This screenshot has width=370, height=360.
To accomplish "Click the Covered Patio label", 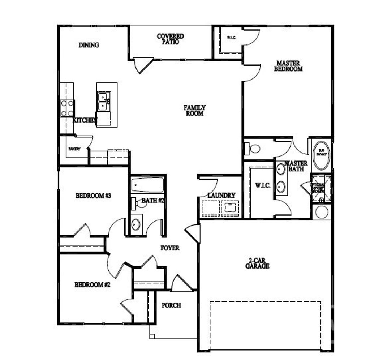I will click(170, 39).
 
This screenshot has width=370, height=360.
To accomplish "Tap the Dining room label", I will click(89, 45).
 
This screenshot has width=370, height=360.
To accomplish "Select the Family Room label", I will click(195, 110).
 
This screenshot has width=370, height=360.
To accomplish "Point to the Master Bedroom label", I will click(288, 66).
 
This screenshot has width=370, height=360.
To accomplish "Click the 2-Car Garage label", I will click(257, 263).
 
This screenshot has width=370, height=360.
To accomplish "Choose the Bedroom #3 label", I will click(93, 196).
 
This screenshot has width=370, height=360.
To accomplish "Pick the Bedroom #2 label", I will click(92, 285).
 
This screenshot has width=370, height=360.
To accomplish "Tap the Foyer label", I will click(170, 248).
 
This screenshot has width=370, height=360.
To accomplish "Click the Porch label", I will click(171, 305).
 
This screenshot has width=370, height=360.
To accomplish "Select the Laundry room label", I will click(221, 195).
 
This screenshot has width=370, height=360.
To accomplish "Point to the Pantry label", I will click(74, 149).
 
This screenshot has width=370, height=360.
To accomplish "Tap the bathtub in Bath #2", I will click(147, 185).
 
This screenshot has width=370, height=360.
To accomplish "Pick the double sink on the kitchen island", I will click(104, 101).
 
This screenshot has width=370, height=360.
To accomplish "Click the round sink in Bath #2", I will click(136, 224).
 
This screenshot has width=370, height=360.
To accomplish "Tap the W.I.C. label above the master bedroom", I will click(231, 38).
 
